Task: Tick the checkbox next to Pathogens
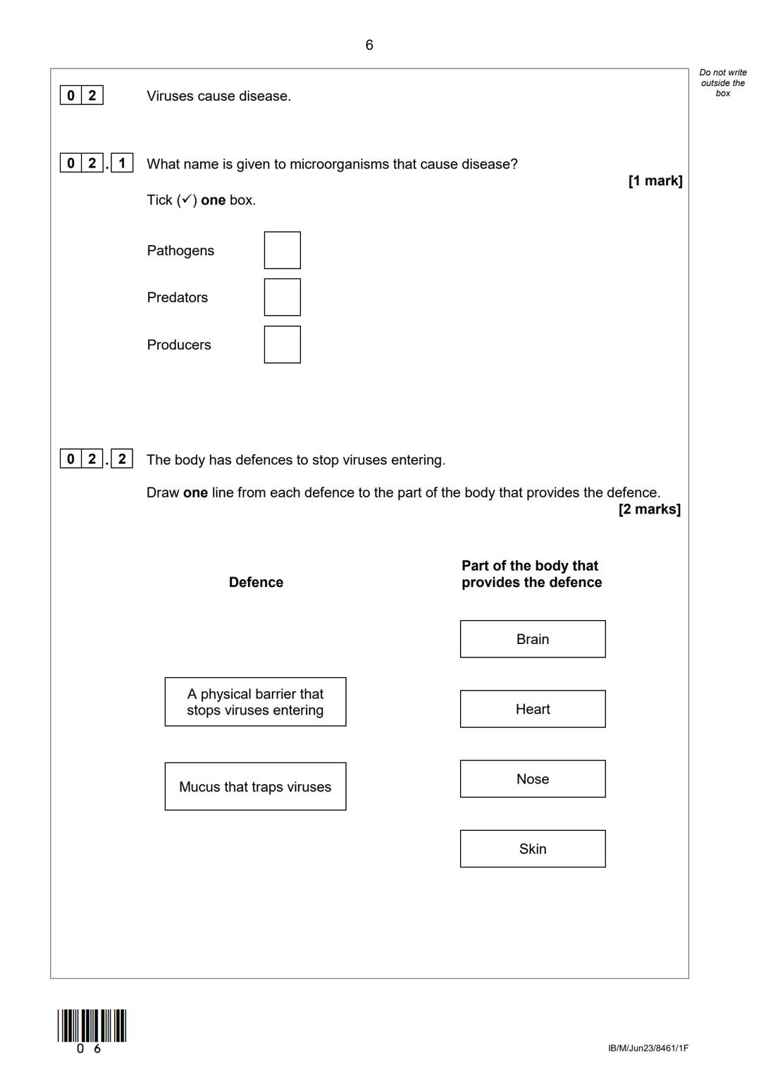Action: (282, 250)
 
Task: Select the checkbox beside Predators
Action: (282, 297)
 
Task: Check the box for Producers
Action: (282, 345)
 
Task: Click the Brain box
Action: (533, 639)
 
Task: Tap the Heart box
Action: (533, 709)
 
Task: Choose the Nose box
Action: (533, 779)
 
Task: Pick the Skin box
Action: (533, 848)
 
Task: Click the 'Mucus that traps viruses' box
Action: (255, 786)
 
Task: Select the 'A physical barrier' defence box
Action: (255, 702)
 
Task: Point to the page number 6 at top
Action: (369, 45)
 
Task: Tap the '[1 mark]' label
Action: (655, 181)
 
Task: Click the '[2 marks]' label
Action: (650, 509)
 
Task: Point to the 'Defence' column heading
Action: (256, 582)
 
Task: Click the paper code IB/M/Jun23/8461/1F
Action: (648, 1048)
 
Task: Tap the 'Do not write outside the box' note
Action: (723, 82)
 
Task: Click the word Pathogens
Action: (180, 251)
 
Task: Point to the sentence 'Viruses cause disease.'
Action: (218, 96)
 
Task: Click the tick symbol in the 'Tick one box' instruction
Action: (187, 199)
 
